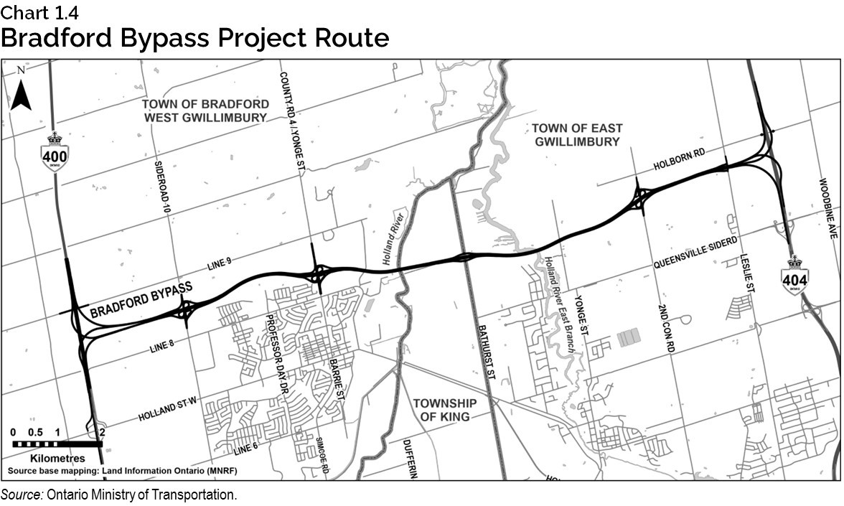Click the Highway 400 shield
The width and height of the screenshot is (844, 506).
[55, 151]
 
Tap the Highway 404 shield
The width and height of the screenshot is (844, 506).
[795, 274]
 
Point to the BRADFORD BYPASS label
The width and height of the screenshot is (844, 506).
[141, 300]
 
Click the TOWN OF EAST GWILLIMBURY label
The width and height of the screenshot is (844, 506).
[576, 134]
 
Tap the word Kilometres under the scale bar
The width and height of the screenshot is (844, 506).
[57, 458]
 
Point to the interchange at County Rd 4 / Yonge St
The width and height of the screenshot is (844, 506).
[316, 273]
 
